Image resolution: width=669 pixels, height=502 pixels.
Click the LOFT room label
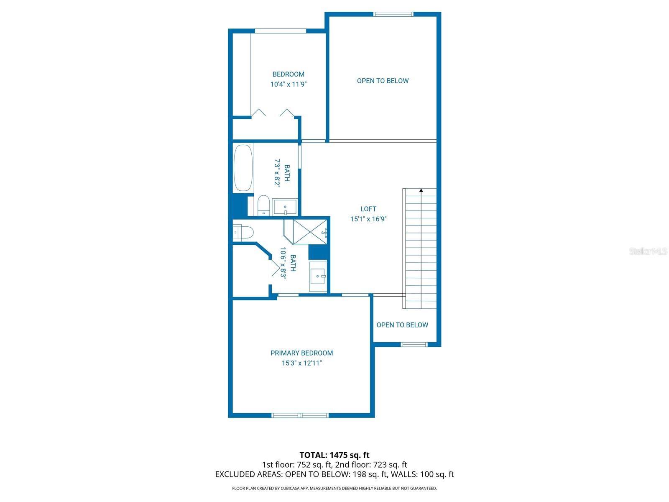pyautogui.click(x=368, y=209)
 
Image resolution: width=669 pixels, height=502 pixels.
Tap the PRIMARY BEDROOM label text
pyautogui.click(x=301, y=353)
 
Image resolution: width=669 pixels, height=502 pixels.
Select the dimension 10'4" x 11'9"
pyautogui.click(x=288, y=84)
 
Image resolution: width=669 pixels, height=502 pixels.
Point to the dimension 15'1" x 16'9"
pyautogui.click(x=368, y=219)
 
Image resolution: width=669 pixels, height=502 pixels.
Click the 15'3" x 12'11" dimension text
pyautogui.click(x=301, y=363)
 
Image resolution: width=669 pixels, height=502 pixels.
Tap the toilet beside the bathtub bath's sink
pyautogui.click(x=263, y=206)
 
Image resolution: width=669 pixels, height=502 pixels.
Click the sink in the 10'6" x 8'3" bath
pyautogui.click(x=318, y=276)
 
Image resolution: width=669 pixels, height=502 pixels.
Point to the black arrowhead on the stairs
pyautogui.click(x=421, y=190)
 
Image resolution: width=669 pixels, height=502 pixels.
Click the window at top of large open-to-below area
pyautogui.click(x=393, y=14)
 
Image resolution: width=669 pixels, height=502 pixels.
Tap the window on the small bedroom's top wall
pyautogui.click(x=281, y=31)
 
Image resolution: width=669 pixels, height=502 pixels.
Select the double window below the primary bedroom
pyautogui.click(x=300, y=415)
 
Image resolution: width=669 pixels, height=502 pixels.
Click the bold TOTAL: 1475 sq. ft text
pyautogui.click(x=334, y=455)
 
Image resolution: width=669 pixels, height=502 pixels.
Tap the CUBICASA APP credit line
pyautogui.click(x=334, y=488)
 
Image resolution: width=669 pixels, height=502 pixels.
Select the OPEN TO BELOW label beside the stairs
pyautogui.click(x=402, y=325)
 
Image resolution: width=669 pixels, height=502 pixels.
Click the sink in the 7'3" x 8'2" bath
pyautogui.click(x=285, y=207)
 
